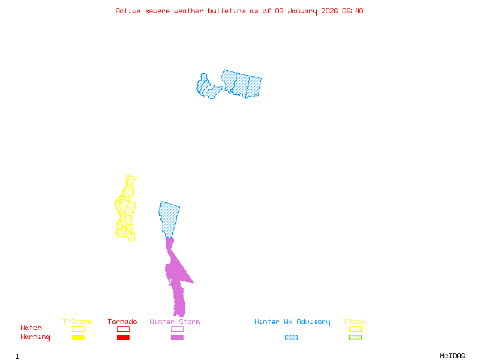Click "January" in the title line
click(x=300, y=11)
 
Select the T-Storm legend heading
click(x=77, y=322)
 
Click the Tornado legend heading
click(x=122, y=322)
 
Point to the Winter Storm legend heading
click(x=175, y=322)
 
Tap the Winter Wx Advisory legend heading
click(x=292, y=322)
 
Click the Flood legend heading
click(x=355, y=322)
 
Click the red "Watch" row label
click(x=31, y=328)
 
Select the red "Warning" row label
click(x=35, y=337)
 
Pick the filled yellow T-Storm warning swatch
click(x=78, y=338)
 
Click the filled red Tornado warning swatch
click(x=123, y=338)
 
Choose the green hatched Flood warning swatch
click(x=355, y=338)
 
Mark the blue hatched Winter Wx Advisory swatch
click(x=291, y=338)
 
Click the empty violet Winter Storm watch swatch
click(x=177, y=329)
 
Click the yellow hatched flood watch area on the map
click(x=125, y=210)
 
